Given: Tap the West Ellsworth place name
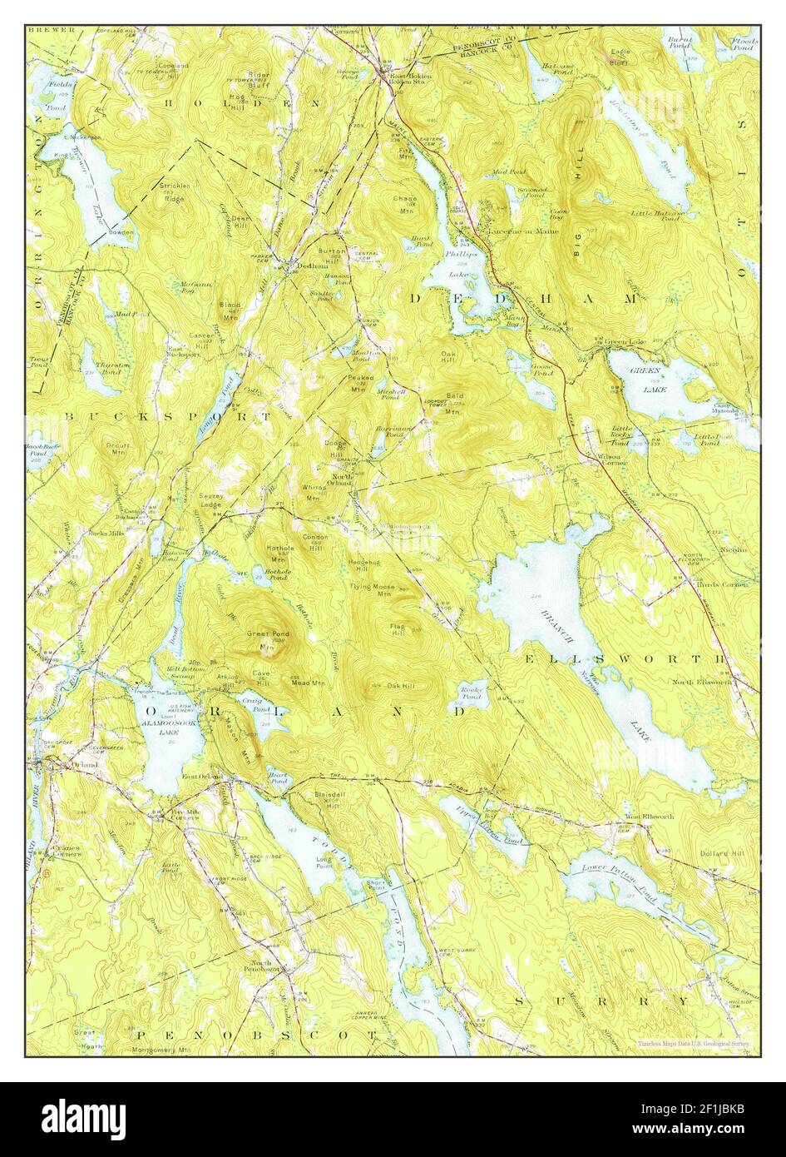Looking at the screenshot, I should tap(650, 817).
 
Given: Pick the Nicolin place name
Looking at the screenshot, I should tap(731, 549).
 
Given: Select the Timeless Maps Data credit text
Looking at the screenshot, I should tap(693, 1043).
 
